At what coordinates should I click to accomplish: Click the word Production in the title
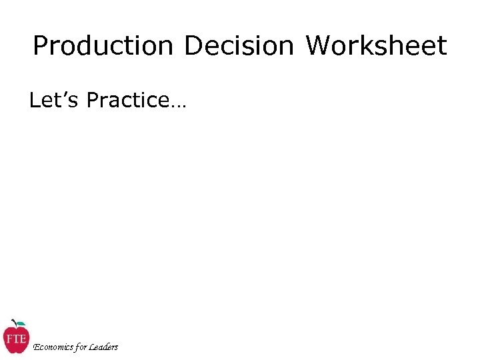102,47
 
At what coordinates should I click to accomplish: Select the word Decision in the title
238,47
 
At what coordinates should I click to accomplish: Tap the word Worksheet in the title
376,47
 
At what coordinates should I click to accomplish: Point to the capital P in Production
41,47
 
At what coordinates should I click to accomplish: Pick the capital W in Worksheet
319,47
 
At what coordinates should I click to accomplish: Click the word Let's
55,100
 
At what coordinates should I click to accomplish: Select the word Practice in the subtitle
128,100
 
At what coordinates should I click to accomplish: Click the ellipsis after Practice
178,105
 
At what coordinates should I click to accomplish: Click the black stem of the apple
15,323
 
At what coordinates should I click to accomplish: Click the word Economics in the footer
53,347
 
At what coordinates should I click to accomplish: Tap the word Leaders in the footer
104,347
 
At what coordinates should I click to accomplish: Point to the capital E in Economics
36,347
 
